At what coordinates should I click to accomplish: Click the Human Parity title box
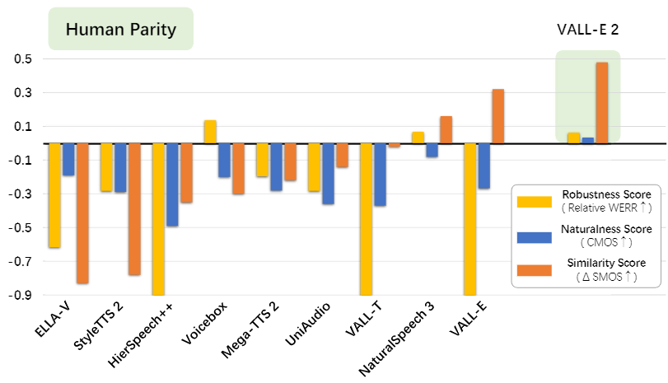click(x=120, y=30)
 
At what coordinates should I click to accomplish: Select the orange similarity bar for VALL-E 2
click(x=602, y=102)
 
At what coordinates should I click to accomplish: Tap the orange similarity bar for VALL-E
click(x=498, y=116)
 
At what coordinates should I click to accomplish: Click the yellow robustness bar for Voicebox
click(x=210, y=132)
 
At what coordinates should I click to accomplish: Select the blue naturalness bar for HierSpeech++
click(x=173, y=184)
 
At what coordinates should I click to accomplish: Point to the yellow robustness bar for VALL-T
click(x=366, y=218)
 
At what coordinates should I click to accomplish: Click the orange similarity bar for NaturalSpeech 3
click(x=446, y=130)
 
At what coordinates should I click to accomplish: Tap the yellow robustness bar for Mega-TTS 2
click(x=262, y=160)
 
